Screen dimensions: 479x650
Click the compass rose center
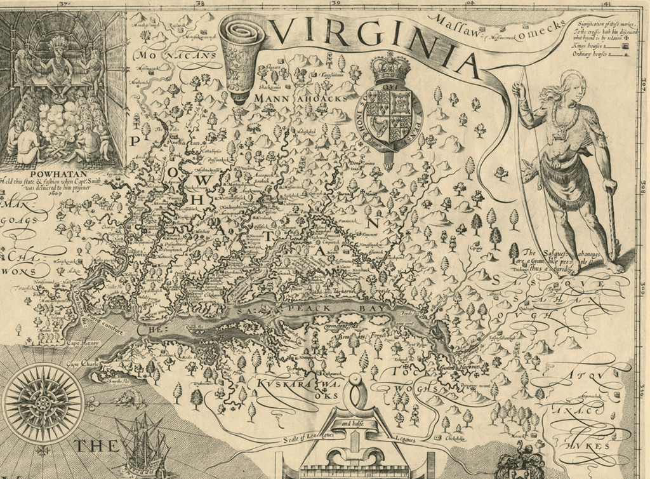(43, 403)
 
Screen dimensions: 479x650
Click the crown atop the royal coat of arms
(390, 68)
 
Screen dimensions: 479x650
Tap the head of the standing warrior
(573, 86)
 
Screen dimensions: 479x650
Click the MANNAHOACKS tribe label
(301, 99)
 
